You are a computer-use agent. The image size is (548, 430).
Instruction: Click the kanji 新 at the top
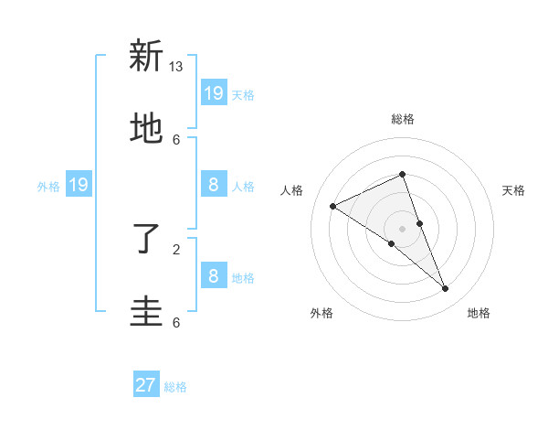coord(145,56)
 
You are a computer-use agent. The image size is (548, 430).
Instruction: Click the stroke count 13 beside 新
coord(176,67)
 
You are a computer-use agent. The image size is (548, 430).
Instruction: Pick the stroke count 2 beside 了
coord(176,249)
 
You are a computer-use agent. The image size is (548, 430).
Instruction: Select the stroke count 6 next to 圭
coord(176,322)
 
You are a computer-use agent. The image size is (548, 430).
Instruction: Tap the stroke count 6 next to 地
coord(176,139)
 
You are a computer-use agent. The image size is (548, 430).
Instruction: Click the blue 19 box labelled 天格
coord(214,92)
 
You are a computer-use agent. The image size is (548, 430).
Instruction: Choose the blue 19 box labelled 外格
coord(78,185)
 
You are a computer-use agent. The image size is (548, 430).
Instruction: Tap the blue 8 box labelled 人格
coord(214,185)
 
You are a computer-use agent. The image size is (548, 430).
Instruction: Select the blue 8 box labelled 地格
coord(214,275)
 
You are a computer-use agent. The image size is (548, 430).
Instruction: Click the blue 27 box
coord(146,385)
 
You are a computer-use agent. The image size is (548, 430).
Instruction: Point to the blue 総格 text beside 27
coord(175,387)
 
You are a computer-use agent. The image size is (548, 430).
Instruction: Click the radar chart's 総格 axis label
coord(403,119)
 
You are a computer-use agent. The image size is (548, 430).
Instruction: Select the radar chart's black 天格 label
coord(513,190)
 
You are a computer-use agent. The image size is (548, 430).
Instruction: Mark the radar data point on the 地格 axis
coord(446,289)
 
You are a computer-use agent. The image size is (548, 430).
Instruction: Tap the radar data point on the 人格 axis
coord(332,206)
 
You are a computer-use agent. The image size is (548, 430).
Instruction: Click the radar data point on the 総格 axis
coord(403,174)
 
